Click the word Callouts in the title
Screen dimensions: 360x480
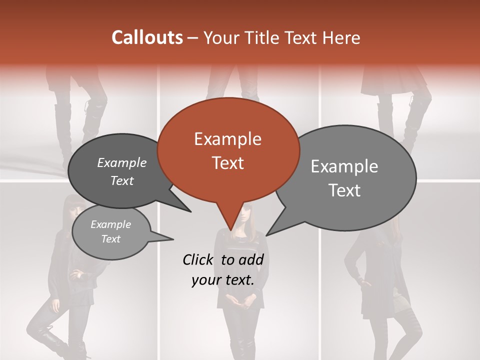147,37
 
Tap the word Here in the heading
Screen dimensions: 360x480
342,37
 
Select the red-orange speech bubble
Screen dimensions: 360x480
228,150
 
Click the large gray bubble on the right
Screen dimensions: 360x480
345,177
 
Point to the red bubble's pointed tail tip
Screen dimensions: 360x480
230,229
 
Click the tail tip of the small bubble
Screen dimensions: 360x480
173,239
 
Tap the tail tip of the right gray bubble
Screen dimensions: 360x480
266,235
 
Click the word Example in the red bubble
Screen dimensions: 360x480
227,139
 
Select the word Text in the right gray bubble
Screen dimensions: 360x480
345,190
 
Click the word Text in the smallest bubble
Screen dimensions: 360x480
111,239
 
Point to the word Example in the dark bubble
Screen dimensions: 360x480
122,163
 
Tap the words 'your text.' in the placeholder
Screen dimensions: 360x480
223,280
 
